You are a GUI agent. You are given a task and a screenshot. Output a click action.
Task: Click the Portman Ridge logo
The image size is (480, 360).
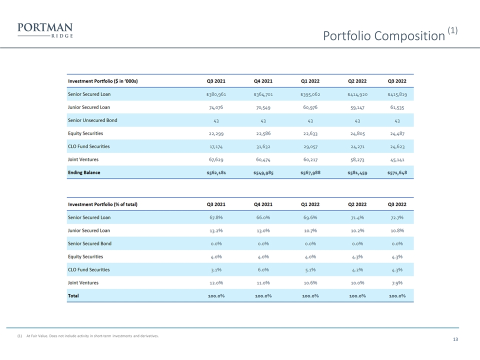(x=45, y=30)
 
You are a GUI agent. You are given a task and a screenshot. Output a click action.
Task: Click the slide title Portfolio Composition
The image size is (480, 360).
(x=384, y=36)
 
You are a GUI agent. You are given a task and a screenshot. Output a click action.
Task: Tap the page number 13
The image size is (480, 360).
(x=455, y=339)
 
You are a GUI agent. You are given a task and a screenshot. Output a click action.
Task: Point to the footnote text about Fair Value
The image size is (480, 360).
(x=92, y=336)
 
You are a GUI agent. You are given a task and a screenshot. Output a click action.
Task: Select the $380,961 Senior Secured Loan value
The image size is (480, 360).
(x=216, y=94)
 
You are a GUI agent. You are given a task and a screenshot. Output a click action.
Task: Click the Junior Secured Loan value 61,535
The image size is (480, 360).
(x=397, y=107)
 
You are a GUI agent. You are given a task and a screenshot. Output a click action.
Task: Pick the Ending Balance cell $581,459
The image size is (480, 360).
(x=357, y=172)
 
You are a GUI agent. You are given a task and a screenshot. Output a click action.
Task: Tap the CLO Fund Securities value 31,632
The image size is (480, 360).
(x=263, y=146)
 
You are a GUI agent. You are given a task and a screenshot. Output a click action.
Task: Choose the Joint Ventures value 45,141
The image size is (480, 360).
(x=397, y=160)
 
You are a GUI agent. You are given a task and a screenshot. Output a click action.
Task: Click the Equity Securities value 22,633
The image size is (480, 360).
(x=310, y=133)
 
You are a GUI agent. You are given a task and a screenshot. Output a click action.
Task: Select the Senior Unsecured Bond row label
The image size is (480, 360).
(x=92, y=120)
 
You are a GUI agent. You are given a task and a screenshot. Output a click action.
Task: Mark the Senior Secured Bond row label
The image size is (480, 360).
(x=89, y=243)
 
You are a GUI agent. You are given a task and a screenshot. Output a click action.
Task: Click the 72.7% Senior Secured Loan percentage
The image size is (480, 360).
(x=397, y=217)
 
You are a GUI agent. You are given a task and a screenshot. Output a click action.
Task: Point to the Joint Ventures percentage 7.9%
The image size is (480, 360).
(x=397, y=283)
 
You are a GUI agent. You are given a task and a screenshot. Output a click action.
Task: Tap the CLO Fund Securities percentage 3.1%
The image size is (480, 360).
(x=216, y=270)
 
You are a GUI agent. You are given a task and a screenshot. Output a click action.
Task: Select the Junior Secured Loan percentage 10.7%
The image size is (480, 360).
(x=310, y=231)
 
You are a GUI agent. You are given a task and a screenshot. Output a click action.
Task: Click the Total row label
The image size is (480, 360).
(x=73, y=295)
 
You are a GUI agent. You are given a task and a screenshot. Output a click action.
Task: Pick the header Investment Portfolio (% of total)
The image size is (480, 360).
(x=102, y=204)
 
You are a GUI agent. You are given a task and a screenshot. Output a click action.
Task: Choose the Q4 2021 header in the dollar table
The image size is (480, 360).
(x=263, y=81)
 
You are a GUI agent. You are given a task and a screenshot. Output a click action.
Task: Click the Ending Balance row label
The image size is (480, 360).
(x=84, y=172)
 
